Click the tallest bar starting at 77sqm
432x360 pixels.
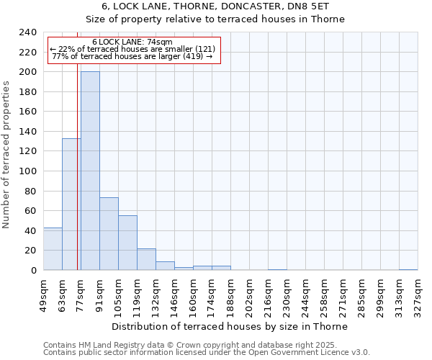[90, 171]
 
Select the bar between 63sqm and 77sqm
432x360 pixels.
[71, 204]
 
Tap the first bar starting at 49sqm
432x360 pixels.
[53, 249]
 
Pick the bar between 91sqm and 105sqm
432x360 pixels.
[109, 234]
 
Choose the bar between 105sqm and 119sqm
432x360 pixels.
[127, 243]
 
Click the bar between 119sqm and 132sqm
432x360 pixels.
[146, 259]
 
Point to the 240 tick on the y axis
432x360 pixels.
[28, 32]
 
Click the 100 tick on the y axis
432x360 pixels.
[28, 171]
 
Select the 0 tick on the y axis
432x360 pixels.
[34, 271]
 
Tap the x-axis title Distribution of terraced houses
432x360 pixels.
[230, 326]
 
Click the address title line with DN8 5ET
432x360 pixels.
[230, 6]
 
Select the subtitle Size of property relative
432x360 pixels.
[230, 19]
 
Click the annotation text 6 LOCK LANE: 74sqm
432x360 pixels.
[132, 42]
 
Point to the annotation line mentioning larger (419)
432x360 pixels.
[132, 56]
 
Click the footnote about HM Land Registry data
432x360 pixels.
[205, 345]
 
